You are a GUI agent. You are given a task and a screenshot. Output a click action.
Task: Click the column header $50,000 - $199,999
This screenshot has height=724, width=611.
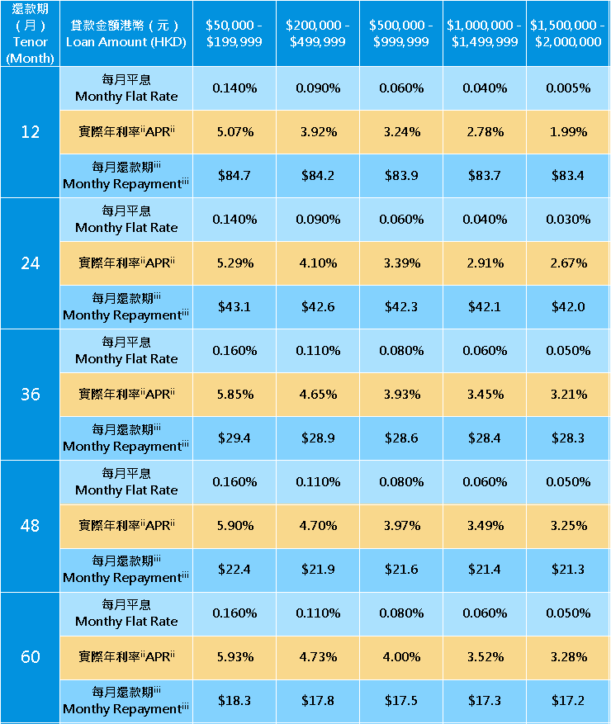pos(234,33)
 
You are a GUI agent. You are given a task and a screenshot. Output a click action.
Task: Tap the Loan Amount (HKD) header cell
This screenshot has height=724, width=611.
pos(126,33)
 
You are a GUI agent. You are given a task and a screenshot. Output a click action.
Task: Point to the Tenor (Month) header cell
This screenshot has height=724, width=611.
pos(31,33)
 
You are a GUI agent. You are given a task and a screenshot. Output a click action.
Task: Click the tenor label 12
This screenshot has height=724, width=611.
pos(31,132)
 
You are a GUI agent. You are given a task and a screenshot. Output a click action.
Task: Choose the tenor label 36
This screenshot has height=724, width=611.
pos(31,395)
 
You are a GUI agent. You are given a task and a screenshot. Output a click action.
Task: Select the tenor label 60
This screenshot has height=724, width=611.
pos(31,657)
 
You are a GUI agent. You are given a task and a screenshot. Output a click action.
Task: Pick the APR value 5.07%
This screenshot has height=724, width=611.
pos(234,132)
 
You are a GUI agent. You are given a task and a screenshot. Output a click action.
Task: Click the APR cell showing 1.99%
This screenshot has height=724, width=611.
pos(567,132)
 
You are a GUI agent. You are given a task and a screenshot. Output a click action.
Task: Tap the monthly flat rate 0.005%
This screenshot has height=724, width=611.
pos(567,88)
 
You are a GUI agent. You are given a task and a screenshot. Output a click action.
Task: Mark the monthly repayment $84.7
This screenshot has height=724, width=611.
pos(234,176)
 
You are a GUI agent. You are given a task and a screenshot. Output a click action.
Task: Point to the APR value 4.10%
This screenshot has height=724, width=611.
pos(318,263)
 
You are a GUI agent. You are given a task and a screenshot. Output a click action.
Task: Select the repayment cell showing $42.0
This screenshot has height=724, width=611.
pos(567,307)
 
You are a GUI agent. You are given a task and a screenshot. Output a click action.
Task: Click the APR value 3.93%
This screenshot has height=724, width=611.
pos(401,395)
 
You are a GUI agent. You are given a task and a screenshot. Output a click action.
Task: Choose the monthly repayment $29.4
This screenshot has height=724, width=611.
pos(234,438)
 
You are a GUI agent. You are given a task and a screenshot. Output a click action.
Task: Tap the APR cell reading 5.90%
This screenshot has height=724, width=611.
pos(234,526)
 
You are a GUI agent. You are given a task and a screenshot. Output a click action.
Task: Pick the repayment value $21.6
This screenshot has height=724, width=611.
pos(401,570)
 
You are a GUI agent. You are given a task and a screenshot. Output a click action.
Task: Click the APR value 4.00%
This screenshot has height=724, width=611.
pos(401,657)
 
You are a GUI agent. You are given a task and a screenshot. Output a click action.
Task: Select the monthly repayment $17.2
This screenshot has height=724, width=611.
pos(567,701)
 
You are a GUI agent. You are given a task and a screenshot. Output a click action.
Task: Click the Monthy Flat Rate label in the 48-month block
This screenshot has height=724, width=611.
pos(126,482)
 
